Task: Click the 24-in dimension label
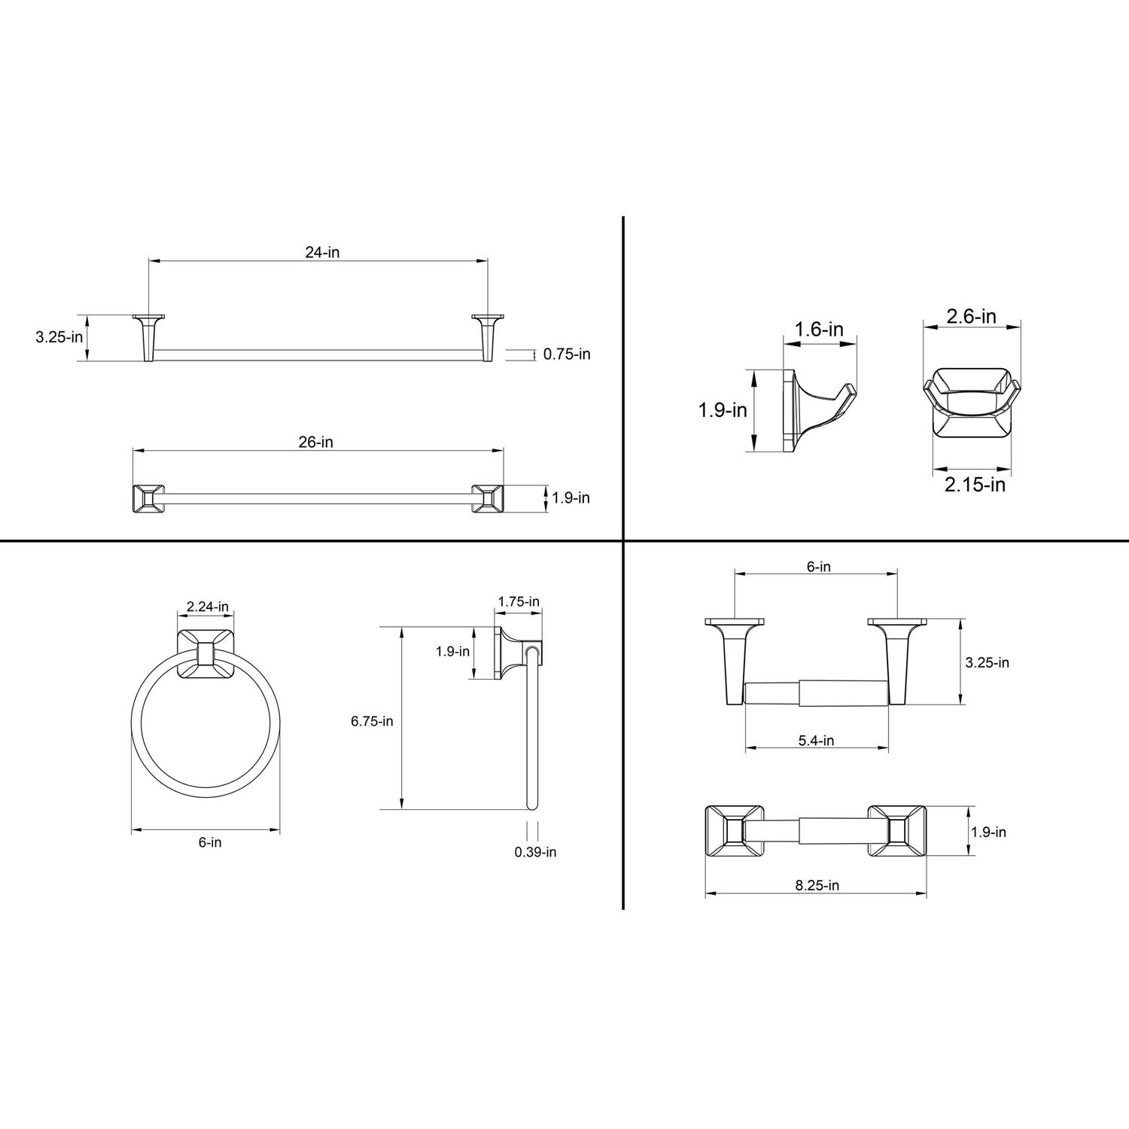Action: (x=322, y=253)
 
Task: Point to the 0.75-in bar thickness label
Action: (x=567, y=354)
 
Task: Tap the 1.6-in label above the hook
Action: (x=819, y=329)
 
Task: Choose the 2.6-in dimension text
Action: (x=971, y=316)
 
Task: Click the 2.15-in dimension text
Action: (x=975, y=485)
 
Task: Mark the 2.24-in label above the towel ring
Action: (x=208, y=607)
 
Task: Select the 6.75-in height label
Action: (x=372, y=721)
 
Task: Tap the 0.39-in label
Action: (x=535, y=852)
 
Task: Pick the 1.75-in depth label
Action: (x=519, y=601)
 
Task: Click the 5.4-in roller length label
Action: (x=816, y=740)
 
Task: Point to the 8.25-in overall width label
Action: (x=817, y=885)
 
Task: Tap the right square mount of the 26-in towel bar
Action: (x=488, y=498)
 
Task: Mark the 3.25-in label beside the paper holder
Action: (x=987, y=662)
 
